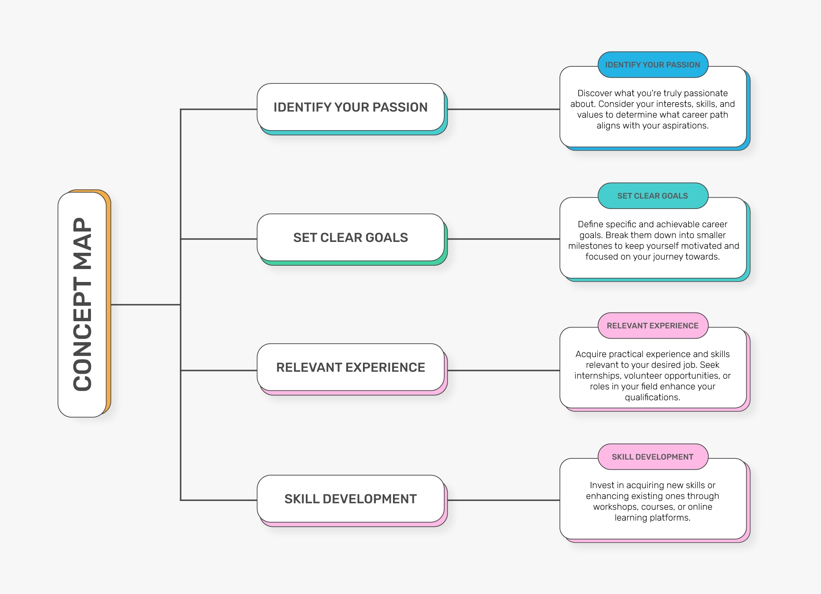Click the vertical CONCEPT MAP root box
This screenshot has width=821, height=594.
[83, 304]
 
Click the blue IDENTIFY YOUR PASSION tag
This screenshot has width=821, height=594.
[652, 65]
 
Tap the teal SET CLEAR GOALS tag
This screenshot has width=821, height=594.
[652, 196]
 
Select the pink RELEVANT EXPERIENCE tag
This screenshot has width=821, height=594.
[652, 326]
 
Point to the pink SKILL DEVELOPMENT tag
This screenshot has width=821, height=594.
[652, 457]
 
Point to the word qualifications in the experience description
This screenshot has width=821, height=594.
[652, 397]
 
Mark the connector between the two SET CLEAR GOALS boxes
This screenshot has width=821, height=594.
[503, 239]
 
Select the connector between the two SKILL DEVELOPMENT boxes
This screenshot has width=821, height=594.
[503, 500]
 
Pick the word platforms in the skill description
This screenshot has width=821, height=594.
[672, 518]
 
